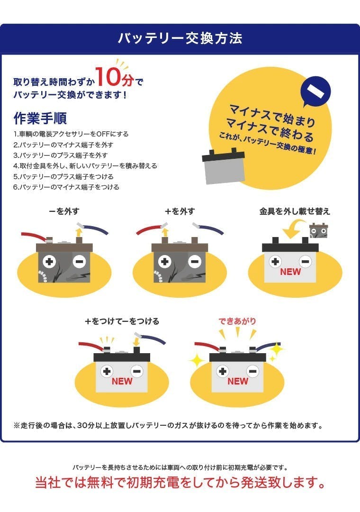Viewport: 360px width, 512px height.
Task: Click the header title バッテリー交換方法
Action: [x=180, y=38]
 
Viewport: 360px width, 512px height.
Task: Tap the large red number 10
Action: [x=108, y=77]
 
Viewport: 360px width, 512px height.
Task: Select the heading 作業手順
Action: [x=40, y=118]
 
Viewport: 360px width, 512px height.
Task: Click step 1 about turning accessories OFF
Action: [x=71, y=134]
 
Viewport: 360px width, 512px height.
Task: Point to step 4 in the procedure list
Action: [x=85, y=166]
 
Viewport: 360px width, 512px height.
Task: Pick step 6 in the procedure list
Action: [x=66, y=187]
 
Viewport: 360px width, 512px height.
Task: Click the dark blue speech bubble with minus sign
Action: [x=315, y=91]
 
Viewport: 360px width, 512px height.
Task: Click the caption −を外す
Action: [x=64, y=211]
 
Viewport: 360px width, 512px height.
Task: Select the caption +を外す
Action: [x=180, y=211]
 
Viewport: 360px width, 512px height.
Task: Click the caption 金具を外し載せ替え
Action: [x=295, y=211]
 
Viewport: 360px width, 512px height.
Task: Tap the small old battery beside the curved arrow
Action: [x=318, y=230]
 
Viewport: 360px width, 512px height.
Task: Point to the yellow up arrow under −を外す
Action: [x=78, y=232]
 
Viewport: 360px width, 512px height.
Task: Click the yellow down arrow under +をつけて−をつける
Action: [x=136, y=342]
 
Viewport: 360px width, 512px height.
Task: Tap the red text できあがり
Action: [x=237, y=321]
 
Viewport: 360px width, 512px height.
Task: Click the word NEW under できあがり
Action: [x=238, y=381]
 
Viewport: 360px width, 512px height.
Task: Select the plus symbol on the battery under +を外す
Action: [x=164, y=262]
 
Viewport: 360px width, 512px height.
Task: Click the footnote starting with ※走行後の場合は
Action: [x=168, y=425]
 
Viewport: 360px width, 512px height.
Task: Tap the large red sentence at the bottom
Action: [x=180, y=483]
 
